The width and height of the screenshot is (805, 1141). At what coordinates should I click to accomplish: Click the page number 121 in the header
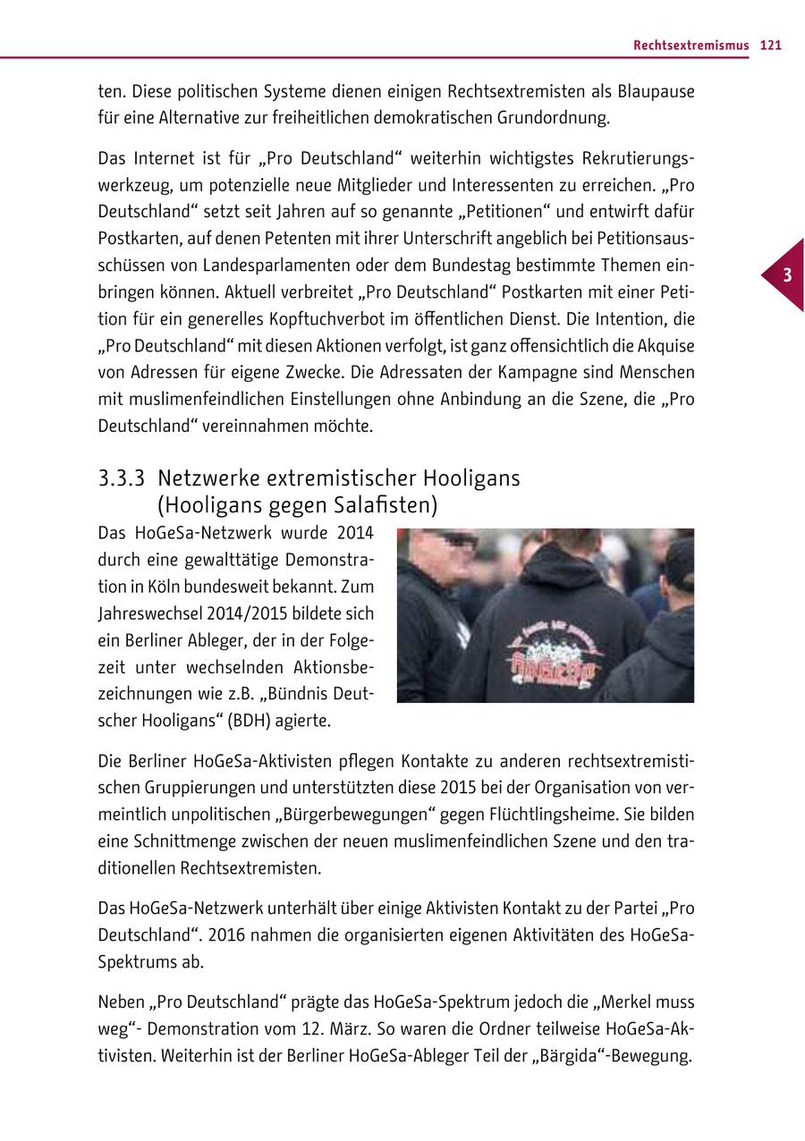[771, 46]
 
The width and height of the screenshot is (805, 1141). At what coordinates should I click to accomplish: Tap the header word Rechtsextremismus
[691, 46]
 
